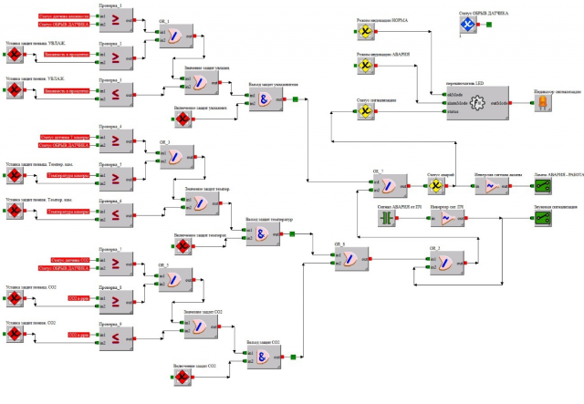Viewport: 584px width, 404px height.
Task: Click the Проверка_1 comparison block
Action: click(x=125, y=16)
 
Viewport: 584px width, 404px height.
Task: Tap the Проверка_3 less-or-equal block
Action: click(x=125, y=92)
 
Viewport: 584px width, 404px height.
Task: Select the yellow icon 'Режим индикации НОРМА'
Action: click(x=363, y=32)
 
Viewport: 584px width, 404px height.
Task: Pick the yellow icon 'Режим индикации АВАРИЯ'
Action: click(x=363, y=67)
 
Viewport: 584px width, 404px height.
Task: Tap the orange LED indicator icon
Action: click(x=541, y=103)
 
